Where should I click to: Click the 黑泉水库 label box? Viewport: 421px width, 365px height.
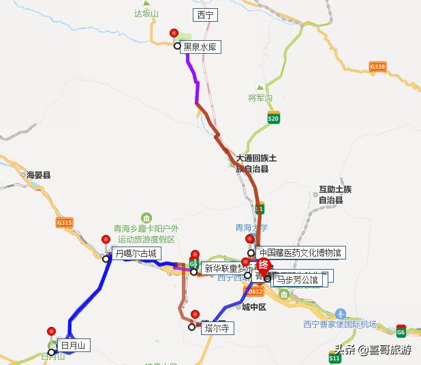click(202, 47)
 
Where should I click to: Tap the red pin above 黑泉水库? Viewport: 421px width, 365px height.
click(174, 33)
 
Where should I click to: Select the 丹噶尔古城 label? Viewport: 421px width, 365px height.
click(136, 253)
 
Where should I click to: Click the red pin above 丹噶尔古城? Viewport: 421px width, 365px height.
click(106, 239)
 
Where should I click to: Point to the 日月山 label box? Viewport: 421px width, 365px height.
click(74, 345)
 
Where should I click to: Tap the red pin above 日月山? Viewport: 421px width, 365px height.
click(52, 332)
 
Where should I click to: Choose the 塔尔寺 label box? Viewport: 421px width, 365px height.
click(217, 328)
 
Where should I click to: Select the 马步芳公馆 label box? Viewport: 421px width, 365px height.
click(297, 279)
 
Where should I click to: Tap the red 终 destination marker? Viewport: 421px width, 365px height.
click(263, 266)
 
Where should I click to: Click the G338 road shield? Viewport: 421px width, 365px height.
click(377, 67)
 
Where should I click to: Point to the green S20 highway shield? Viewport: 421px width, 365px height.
click(273, 118)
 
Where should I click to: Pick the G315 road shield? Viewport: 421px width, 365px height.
click(64, 223)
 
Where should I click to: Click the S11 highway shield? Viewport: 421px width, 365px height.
click(334, 357)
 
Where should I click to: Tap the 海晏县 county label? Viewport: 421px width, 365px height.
click(39, 176)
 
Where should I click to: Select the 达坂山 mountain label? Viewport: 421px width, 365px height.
click(146, 13)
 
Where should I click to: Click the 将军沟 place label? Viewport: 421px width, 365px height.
click(260, 98)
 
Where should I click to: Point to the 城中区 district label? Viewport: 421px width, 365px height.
click(253, 307)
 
